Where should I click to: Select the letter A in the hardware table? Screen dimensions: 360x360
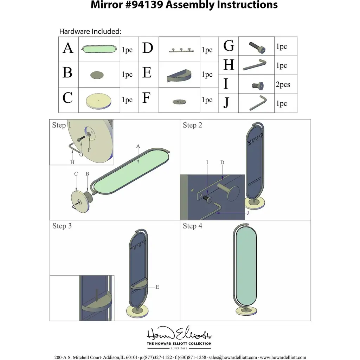pos(68,48)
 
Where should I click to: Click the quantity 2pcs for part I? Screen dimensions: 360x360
pos(283,85)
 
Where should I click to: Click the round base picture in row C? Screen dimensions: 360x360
pos(99,101)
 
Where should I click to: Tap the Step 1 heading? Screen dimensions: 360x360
pos(62,125)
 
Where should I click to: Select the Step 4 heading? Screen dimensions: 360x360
pos(192,226)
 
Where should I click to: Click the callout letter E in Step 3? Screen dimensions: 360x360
pos(157,287)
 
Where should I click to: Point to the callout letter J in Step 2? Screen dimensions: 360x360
pos(248,213)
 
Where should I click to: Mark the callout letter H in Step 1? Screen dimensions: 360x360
pos(72,162)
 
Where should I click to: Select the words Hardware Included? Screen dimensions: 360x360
pos(90,31)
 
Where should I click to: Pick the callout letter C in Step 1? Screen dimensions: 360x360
pos(76,174)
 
